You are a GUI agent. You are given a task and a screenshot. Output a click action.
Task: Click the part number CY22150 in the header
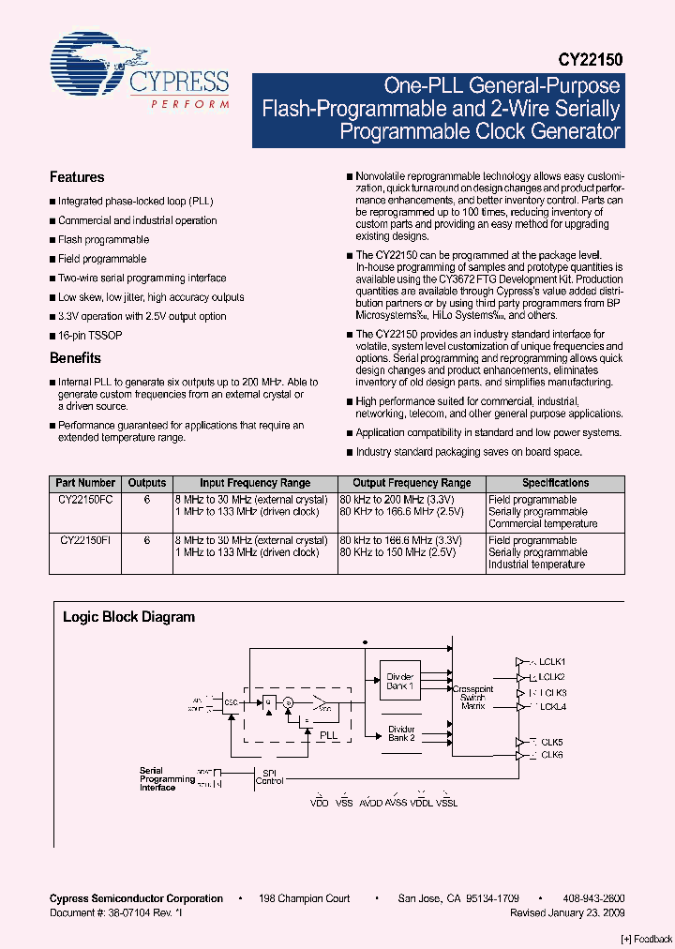coord(592,58)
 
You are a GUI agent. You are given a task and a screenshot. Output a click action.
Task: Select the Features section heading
coord(77,177)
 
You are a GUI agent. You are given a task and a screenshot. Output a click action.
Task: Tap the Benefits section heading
coord(75,358)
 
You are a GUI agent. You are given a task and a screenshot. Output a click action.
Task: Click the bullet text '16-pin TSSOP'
coord(90,335)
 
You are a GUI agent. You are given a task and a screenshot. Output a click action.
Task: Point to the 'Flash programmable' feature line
coord(103,240)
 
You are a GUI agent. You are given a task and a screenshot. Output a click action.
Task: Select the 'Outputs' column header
coord(147,483)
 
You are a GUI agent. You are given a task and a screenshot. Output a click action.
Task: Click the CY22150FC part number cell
coord(85,501)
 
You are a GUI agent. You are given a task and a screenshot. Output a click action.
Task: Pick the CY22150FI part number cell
coord(85,541)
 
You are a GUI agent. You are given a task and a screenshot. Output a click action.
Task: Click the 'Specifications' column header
coord(555,483)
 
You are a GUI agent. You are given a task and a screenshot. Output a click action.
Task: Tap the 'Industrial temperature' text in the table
coord(536,565)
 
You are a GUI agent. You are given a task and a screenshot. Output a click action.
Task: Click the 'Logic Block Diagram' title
coord(128,617)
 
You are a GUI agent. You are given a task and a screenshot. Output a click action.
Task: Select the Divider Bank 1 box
coord(400,683)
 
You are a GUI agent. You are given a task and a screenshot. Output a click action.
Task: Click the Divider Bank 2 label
coord(401,733)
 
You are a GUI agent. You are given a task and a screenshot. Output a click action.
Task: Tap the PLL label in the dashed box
coord(328,736)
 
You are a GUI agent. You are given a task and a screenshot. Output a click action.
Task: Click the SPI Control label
coord(269,776)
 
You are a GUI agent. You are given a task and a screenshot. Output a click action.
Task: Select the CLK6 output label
coord(550,755)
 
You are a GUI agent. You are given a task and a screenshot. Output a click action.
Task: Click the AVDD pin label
coord(371,804)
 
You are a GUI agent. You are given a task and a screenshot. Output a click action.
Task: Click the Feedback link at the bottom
coord(647,939)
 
